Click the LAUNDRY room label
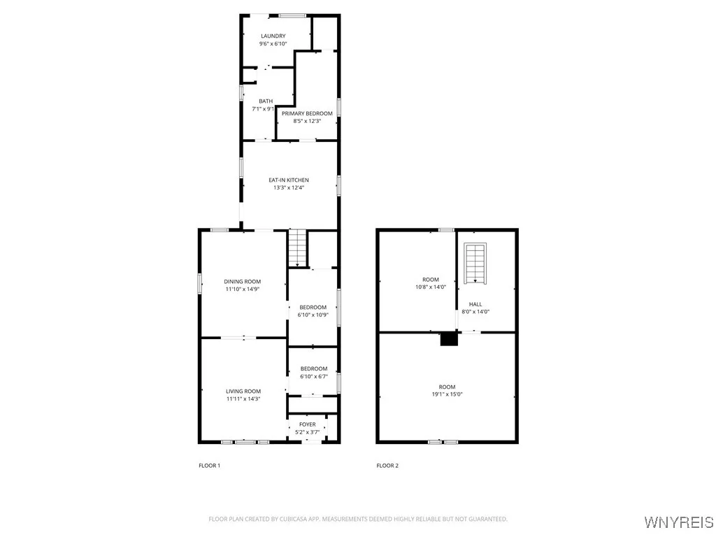[273, 36]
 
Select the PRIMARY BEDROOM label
[307, 113]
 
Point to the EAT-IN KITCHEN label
[289, 180]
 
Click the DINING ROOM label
[243, 282]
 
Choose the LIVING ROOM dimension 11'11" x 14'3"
[243, 399]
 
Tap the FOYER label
[308, 424]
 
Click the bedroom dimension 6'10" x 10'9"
[313, 315]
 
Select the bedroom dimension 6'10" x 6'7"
[314, 376]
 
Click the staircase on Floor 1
[298, 248]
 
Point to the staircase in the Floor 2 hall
[475, 262]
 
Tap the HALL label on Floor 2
[475, 304]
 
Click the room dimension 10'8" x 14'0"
[430, 287]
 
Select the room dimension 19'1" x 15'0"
[447, 394]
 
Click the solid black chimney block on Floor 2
[449, 339]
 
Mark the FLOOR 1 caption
[210, 466]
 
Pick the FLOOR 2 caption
[387, 466]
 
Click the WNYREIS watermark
[678, 522]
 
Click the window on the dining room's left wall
[200, 283]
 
